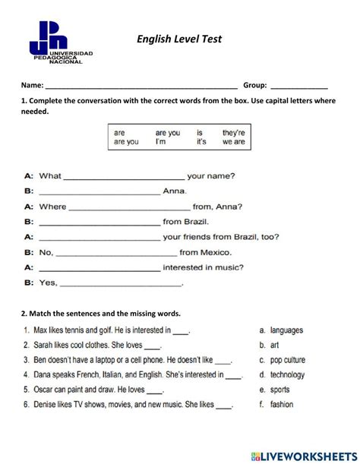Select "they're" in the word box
coord(233,132)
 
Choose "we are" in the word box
coord(233,142)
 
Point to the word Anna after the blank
coord(175,192)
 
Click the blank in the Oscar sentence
coord(155,392)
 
